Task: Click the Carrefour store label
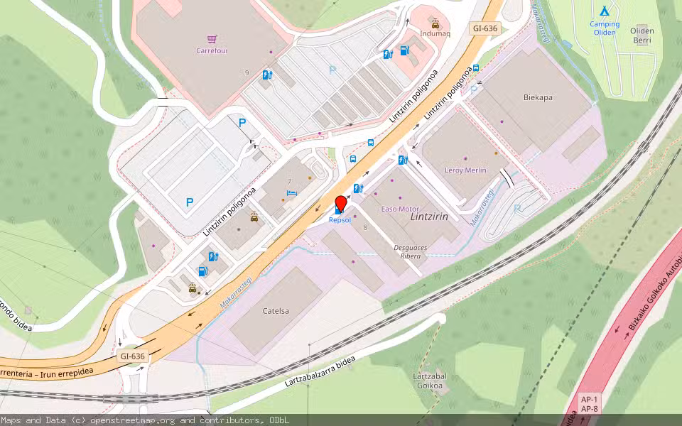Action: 212,50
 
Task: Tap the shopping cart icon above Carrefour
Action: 212,39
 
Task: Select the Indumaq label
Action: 435,33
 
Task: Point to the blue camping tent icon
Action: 604,11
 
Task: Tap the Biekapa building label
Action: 538,97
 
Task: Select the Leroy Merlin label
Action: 465,170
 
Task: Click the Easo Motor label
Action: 400,209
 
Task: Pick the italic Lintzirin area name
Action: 429,217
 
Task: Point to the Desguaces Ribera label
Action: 411,251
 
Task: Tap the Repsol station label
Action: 340,220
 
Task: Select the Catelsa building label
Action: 276,310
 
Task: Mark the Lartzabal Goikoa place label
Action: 428,381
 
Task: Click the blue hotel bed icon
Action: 290,192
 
